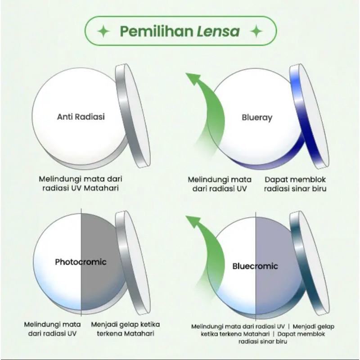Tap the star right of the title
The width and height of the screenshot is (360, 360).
256,31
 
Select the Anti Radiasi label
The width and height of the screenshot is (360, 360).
81,117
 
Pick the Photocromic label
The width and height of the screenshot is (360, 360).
81,261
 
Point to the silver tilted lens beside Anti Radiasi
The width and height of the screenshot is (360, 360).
133,115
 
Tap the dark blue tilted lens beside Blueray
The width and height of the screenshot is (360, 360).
308,115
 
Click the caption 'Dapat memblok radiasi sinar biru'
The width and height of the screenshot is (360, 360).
295,184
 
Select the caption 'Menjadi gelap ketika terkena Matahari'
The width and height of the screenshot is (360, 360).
126,328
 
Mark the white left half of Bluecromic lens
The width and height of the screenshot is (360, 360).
234,283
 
